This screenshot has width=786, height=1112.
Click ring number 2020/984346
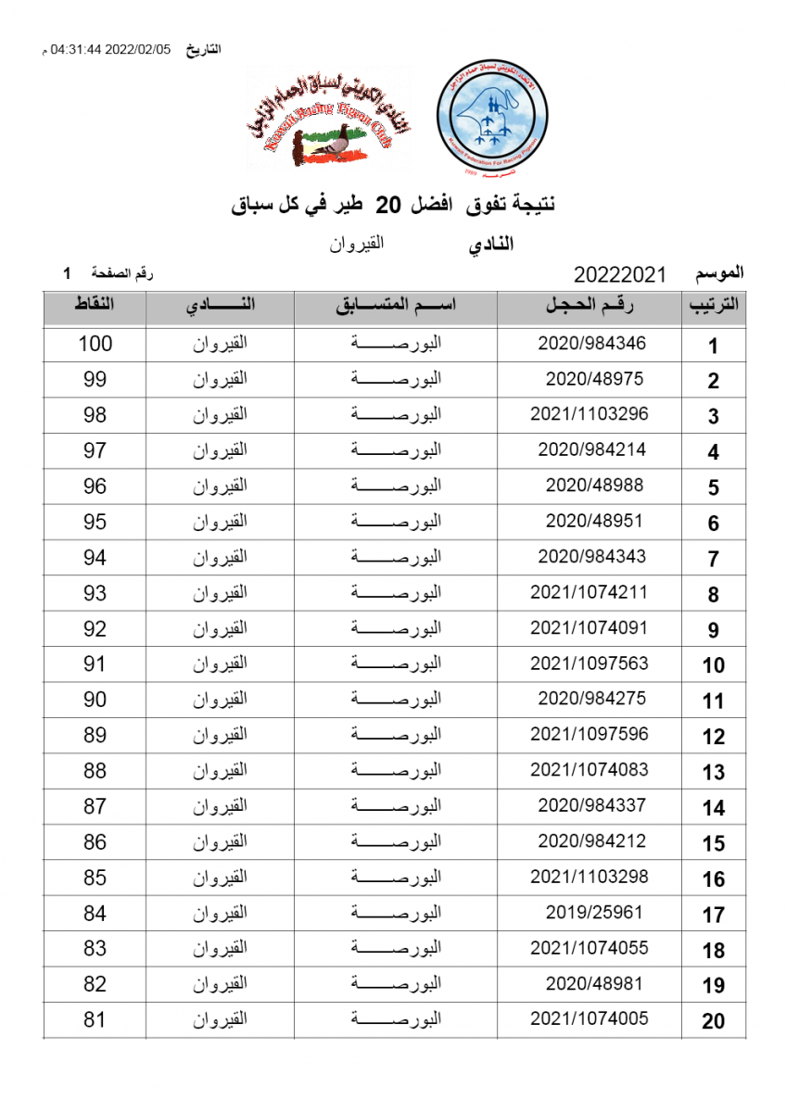pyautogui.click(x=591, y=343)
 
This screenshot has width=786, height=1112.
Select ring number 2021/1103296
pyautogui.click(x=589, y=414)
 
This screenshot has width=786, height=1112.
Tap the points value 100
pyautogui.click(x=95, y=344)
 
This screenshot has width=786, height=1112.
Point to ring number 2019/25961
pyautogui.click(x=593, y=912)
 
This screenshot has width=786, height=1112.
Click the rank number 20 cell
pyautogui.click(x=713, y=1021)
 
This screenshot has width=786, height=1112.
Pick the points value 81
pyautogui.click(x=95, y=1020)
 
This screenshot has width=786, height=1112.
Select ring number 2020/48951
pyautogui.click(x=593, y=521)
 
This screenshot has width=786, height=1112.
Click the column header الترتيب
pyautogui.click(x=713, y=307)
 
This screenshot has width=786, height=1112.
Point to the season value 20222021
pyautogui.click(x=620, y=275)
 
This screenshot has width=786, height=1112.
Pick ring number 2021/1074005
pyautogui.click(x=589, y=1018)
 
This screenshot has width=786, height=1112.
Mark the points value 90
pyautogui.click(x=95, y=700)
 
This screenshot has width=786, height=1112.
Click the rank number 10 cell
pyautogui.click(x=713, y=664)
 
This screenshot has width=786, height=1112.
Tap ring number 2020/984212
pyautogui.click(x=591, y=840)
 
